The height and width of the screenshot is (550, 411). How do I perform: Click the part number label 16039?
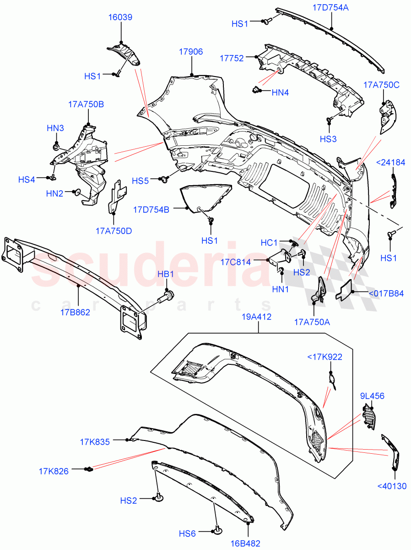[x=120, y=17]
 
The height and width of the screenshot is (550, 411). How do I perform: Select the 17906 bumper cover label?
[x=191, y=52]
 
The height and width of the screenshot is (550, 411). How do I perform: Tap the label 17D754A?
[x=330, y=7]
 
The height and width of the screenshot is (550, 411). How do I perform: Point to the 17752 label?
[x=232, y=58]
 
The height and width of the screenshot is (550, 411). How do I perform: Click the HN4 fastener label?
[x=280, y=93]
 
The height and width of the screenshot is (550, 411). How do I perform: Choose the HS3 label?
[x=328, y=138]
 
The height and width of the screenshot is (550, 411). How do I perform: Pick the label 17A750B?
[x=86, y=104]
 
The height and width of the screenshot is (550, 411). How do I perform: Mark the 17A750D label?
[x=114, y=231]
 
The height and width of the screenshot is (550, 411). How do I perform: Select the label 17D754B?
[x=151, y=209]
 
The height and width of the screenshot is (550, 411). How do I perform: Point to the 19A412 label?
[x=258, y=316]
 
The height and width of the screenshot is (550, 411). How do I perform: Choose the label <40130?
[x=391, y=486]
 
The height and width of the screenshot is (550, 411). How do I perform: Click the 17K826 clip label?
[x=54, y=471]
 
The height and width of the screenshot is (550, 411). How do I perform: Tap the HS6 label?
[x=187, y=533]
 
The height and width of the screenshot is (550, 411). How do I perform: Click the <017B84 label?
[x=386, y=294]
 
